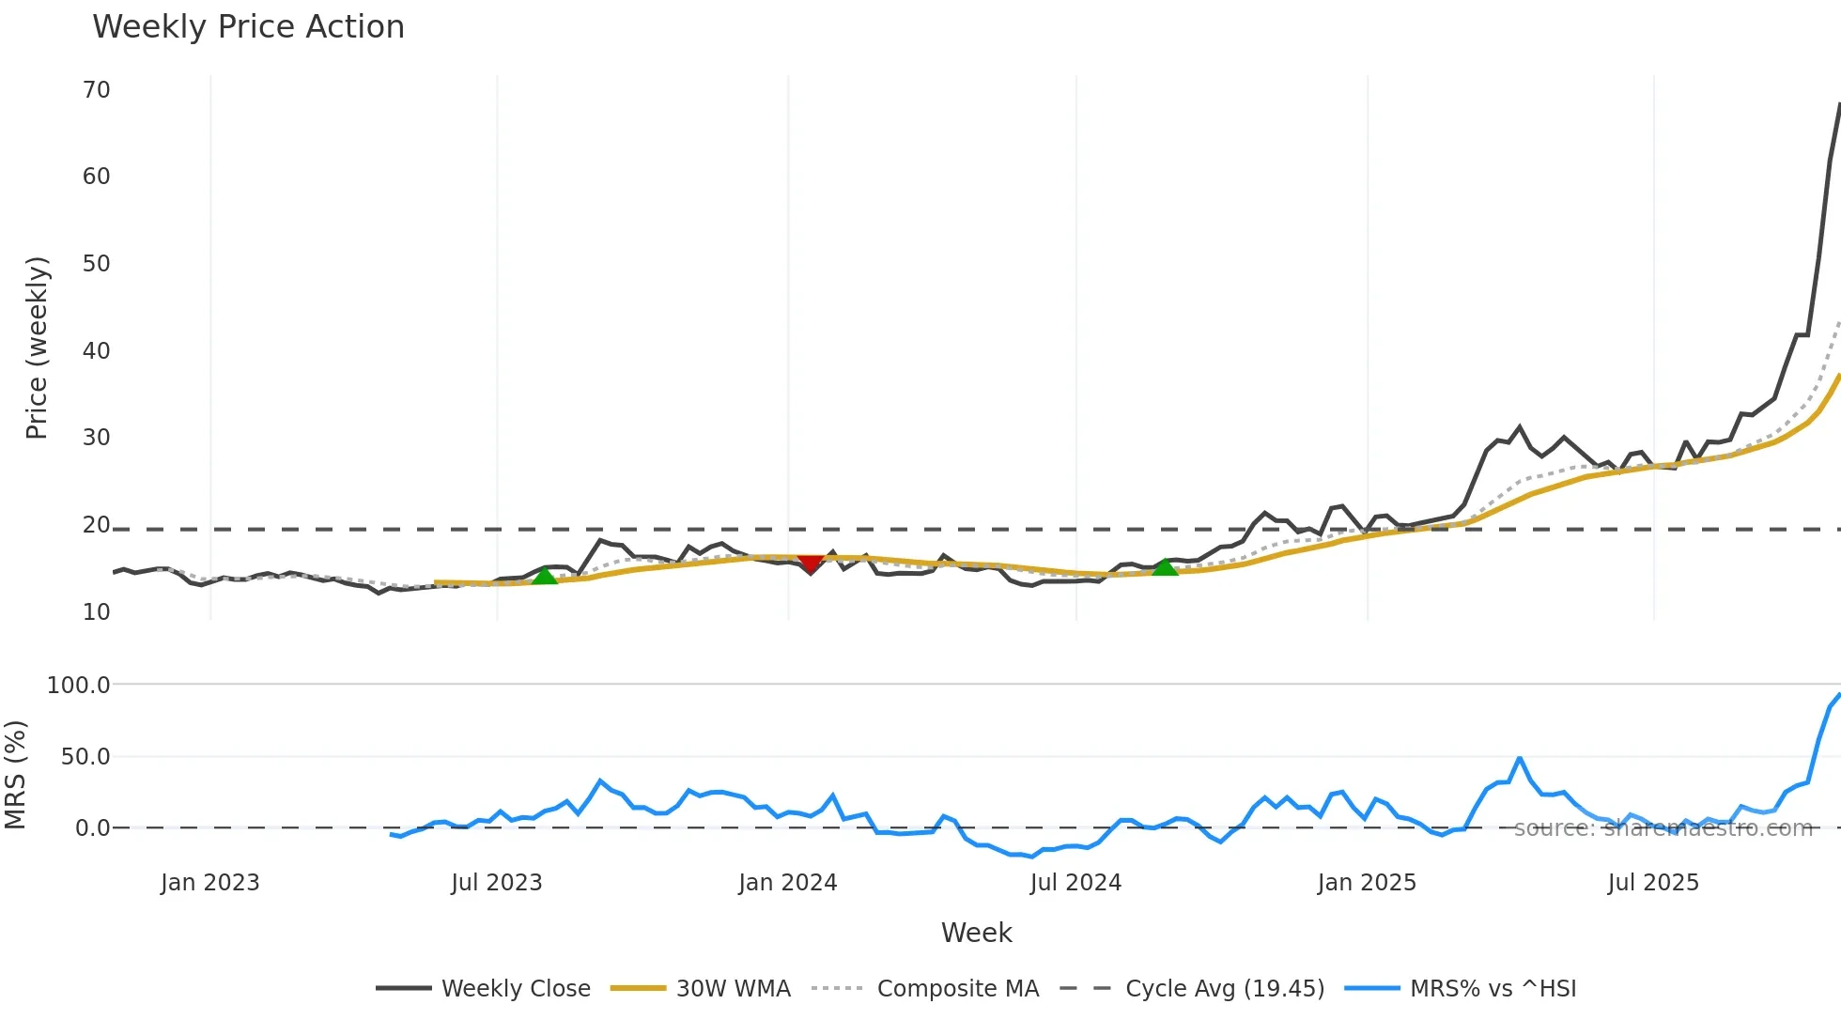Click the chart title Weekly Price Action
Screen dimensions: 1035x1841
coord(248,27)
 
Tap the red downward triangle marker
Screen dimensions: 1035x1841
coord(810,563)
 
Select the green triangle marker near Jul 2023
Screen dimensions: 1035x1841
coord(545,576)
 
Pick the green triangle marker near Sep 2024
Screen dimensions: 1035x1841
coord(1165,566)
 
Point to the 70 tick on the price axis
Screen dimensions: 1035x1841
coord(97,90)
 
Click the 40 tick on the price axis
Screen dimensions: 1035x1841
coord(97,351)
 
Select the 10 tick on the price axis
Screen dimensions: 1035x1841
coord(97,612)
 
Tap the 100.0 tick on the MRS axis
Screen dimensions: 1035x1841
coord(79,686)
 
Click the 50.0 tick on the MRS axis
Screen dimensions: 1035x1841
coord(85,757)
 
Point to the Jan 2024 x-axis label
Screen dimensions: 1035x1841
coord(787,883)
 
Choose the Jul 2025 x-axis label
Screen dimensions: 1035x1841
coord(1653,883)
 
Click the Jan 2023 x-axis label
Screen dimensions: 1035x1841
coord(209,883)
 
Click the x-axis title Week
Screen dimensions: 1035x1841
coord(976,933)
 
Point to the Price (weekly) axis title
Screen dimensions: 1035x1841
coord(37,348)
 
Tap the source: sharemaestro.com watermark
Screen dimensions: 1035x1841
coord(1663,828)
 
